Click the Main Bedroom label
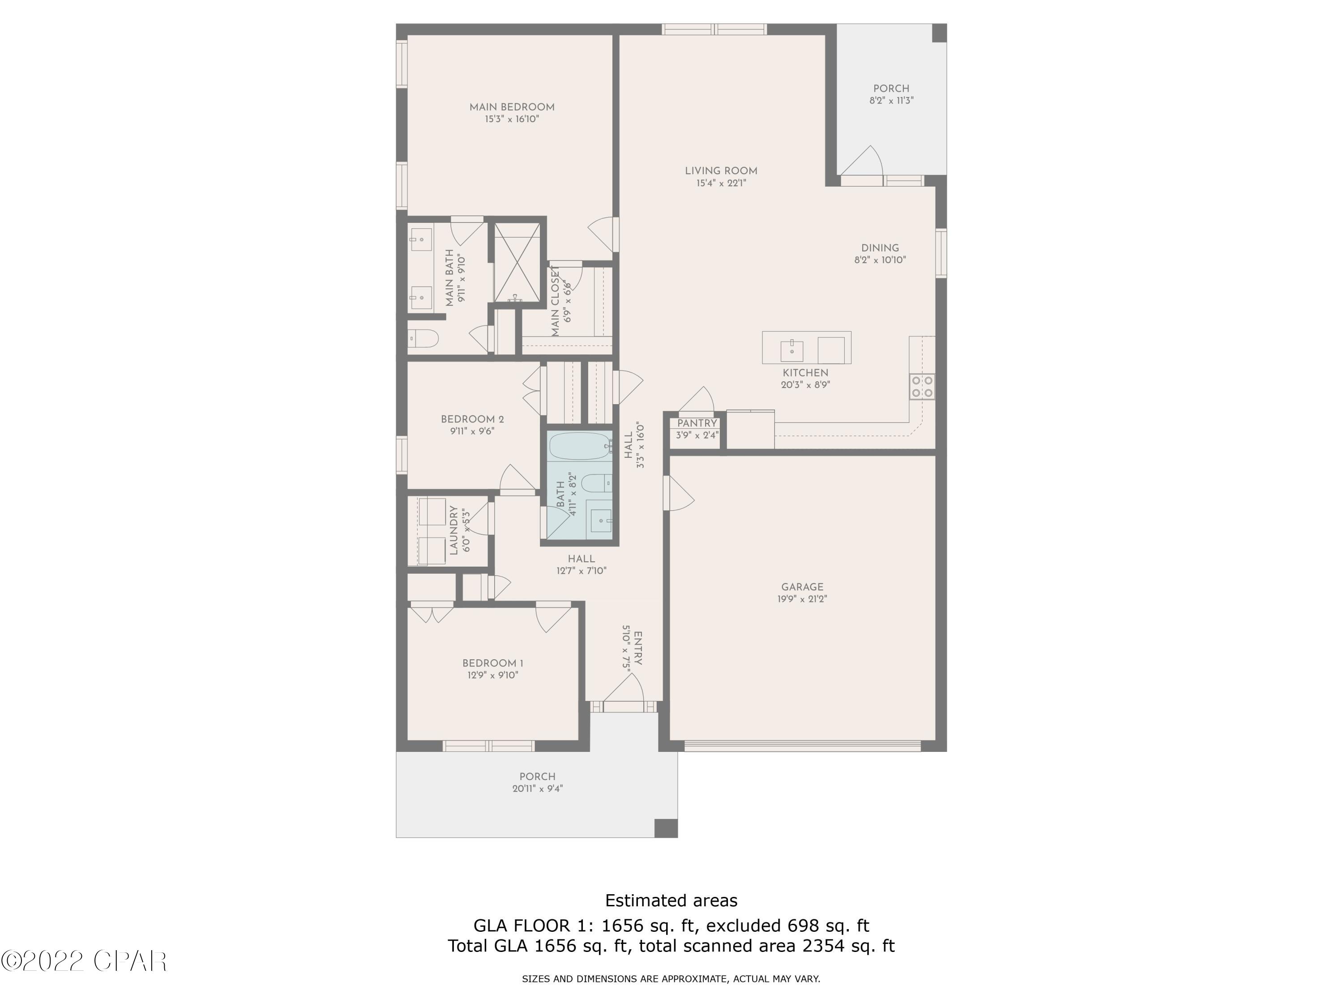point(512,107)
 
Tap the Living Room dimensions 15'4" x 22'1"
point(721,183)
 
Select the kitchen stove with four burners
point(922,387)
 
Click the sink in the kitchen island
point(792,350)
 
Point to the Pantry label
point(697,423)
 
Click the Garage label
point(802,587)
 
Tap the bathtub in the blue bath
point(580,446)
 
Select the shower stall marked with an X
point(516,263)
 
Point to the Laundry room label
point(453,530)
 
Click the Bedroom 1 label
point(492,663)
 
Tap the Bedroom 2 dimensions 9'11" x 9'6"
point(472,431)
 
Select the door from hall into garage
point(678,493)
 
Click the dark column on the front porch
point(665,828)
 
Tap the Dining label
point(880,247)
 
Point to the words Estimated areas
point(671,900)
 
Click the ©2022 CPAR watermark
point(84,960)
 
